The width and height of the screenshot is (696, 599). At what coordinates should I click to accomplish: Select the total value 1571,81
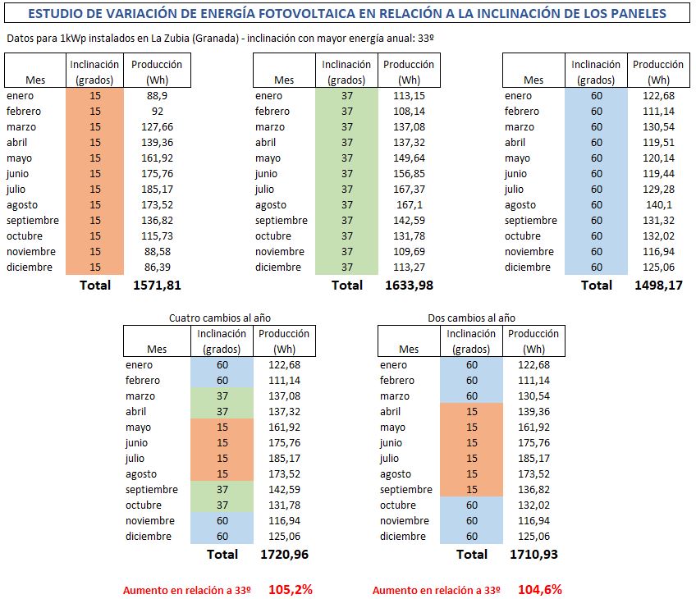tap(157, 286)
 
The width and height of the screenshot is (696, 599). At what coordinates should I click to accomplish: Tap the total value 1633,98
tap(410, 286)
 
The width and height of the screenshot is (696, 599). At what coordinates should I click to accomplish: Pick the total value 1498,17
tap(659, 286)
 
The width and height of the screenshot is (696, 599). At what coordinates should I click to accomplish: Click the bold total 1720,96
tap(285, 554)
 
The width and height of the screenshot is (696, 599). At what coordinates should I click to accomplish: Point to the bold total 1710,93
tap(534, 554)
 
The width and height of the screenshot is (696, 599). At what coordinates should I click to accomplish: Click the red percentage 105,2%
tap(291, 590)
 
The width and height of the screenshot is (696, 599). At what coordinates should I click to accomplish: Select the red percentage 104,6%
tap(540, 590)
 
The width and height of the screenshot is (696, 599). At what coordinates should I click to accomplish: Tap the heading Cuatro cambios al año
tap(220, 318)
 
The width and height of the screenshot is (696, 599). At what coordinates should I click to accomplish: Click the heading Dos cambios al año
tap(471, 318)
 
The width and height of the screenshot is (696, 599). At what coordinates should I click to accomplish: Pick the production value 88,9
tap(157, 96)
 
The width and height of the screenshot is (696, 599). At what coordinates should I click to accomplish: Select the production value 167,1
tap(410, 205)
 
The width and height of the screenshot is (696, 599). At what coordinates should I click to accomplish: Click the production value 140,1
tap(659, 205)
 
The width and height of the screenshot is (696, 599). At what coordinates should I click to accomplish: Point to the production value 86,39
tap(157, 267)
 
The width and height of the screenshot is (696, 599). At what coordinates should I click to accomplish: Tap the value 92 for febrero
tap(157, 112)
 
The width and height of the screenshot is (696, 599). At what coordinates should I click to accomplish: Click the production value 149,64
tap(410, 158)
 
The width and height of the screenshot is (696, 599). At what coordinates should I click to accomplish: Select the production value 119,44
tap(659, 174)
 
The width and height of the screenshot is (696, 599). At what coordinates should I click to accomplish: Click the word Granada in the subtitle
tap(215, 39)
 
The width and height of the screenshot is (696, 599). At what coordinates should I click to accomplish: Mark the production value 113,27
tap(410, 267)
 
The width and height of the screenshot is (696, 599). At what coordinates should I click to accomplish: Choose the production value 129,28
tap(659, 190)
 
